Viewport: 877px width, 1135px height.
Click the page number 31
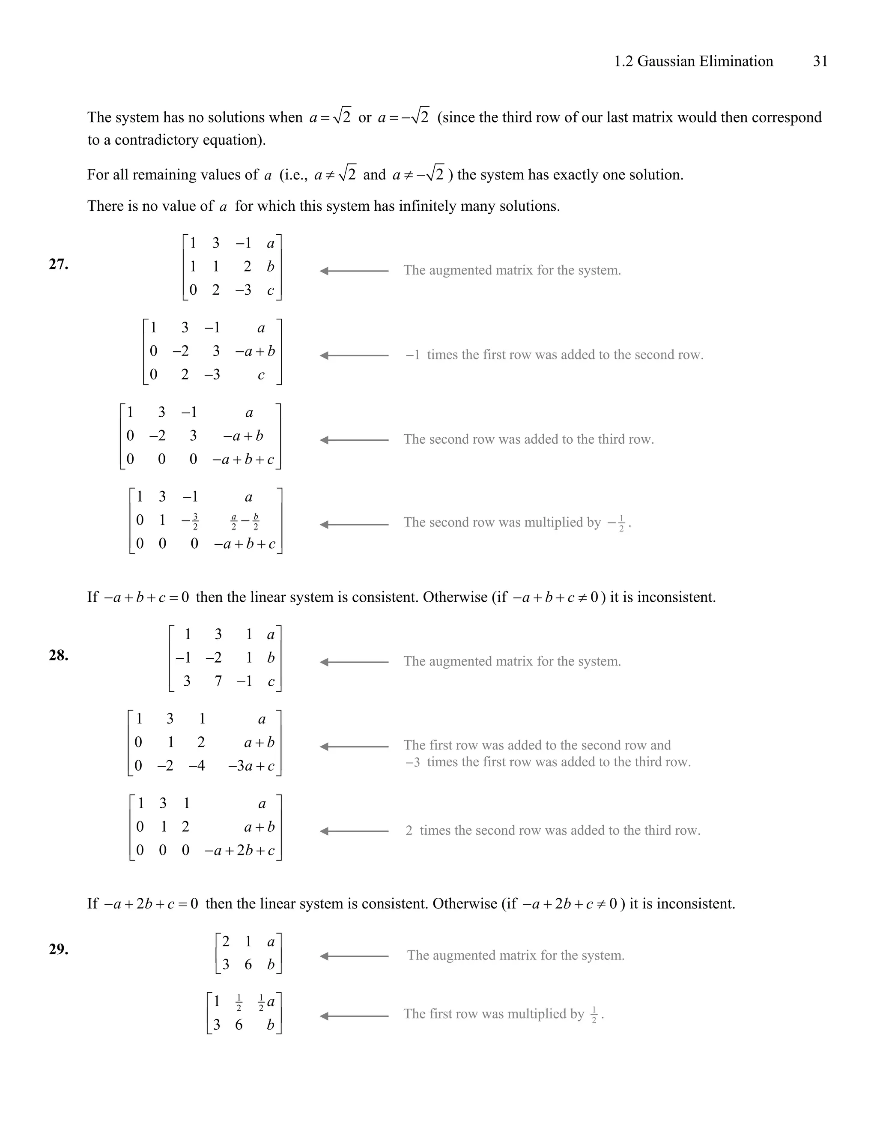[x=820, y=61]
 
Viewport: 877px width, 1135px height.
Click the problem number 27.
[x=58, y=265]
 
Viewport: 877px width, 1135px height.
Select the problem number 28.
[x=58, y=655]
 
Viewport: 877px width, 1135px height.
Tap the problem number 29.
[x=58, y=950]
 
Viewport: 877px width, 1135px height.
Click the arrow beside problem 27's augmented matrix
[x=354, y=271]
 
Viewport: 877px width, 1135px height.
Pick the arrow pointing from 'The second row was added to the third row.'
[x=354, y=440]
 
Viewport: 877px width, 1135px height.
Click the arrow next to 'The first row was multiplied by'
[x=354, y=1016]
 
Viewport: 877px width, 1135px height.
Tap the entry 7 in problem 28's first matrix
[x=218, y=681]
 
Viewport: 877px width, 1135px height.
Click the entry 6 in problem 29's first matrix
[x=248, y=965]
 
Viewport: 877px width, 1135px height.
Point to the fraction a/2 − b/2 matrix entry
[x=245, y=521]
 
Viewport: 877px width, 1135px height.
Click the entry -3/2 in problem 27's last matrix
[x=190, y=521]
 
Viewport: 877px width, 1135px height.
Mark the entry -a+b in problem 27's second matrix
[x=255, y=351]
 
